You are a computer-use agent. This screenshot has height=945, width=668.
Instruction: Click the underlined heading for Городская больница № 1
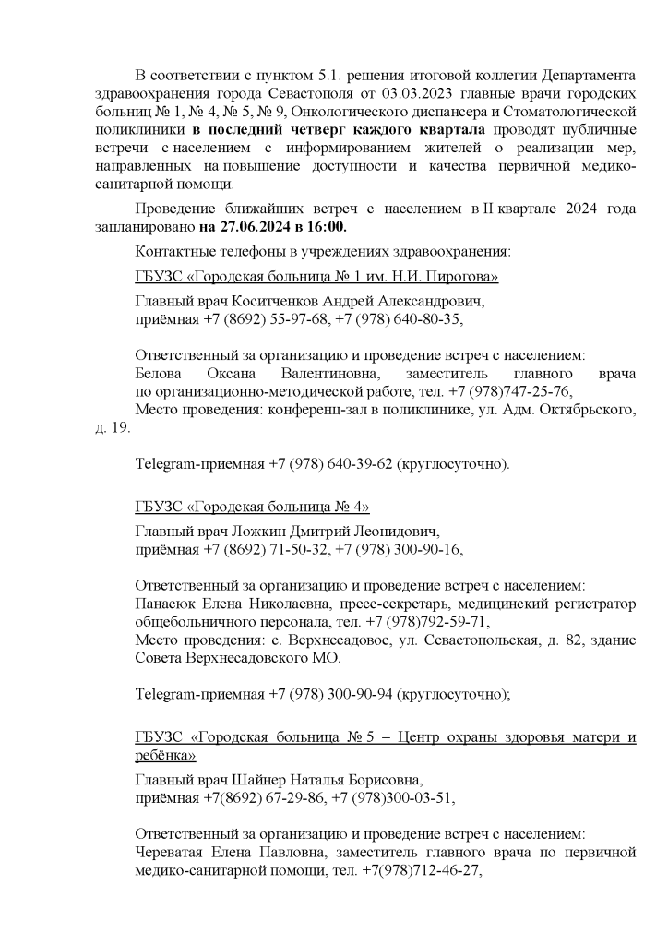tap(316, 276)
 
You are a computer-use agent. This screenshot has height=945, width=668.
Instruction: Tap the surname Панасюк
tap(167, 604)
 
